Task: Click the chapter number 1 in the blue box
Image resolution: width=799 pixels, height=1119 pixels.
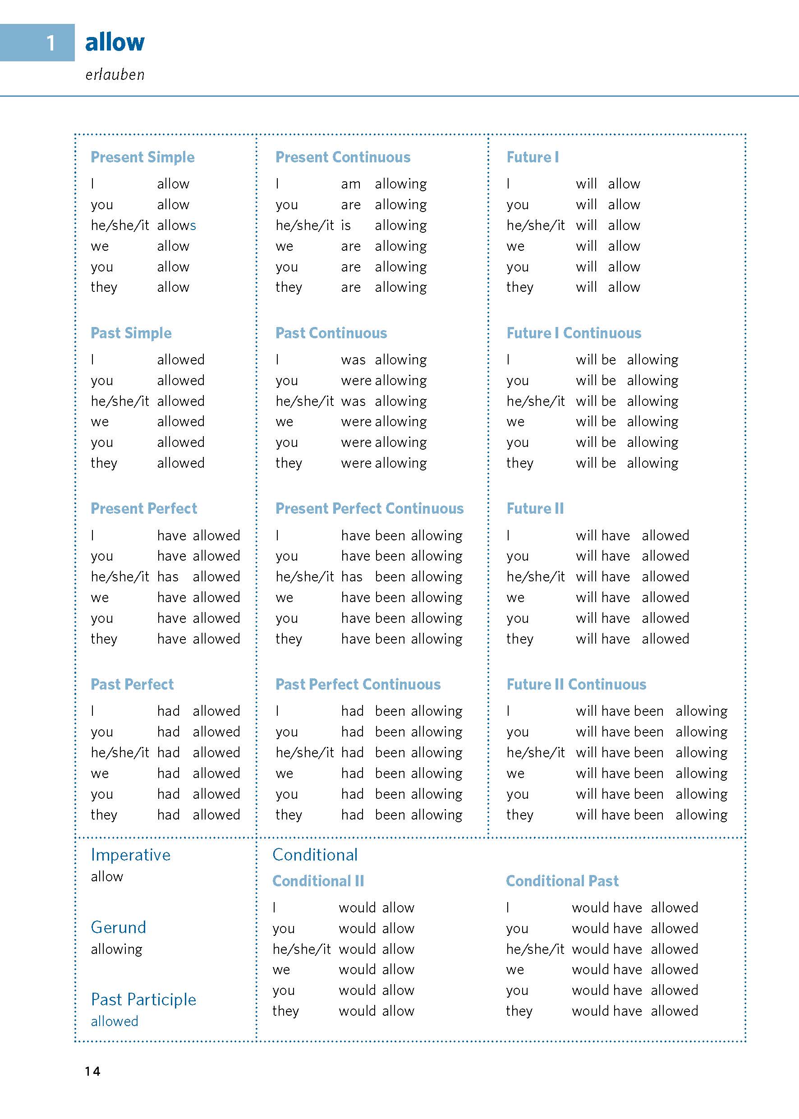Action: (x=51, y=43)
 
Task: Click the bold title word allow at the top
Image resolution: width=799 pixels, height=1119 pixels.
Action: (x=115, y=42)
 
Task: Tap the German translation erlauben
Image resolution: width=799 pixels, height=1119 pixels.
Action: (x=115, y=75)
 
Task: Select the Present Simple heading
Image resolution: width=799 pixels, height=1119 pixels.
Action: (x=142, y=157)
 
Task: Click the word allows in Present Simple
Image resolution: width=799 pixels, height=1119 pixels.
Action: (x=177, y=226)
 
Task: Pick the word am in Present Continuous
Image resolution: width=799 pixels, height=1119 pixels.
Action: (x=350, y=184)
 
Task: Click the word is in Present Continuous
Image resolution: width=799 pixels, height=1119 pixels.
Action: (x=346, y=226)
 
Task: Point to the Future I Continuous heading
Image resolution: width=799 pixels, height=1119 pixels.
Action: (x=574, y=333)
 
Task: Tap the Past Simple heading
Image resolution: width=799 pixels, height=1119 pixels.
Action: (x=131, y=333)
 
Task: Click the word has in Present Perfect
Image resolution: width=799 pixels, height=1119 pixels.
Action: (x=168, y=577)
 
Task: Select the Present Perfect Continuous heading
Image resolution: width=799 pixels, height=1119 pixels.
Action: (x=369, y=508)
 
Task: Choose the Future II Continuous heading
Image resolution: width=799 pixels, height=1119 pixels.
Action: (x=576, y=685)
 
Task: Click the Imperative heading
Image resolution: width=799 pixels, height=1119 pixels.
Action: (x=130, y=855)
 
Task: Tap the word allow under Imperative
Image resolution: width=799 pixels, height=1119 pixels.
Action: (x=107, y=876)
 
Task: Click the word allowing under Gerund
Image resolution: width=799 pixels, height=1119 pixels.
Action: (x=117, y=949)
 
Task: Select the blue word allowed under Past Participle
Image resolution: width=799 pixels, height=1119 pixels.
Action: (x=114, y=1021)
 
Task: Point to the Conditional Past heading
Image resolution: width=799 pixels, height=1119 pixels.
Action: (x=562, y=881)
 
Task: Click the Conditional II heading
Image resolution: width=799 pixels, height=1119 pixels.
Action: (x=318, y=881)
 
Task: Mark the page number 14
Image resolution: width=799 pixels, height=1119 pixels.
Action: (x=92, y=1071)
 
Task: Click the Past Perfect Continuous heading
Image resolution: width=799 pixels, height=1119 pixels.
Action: (x=358, y=685)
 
